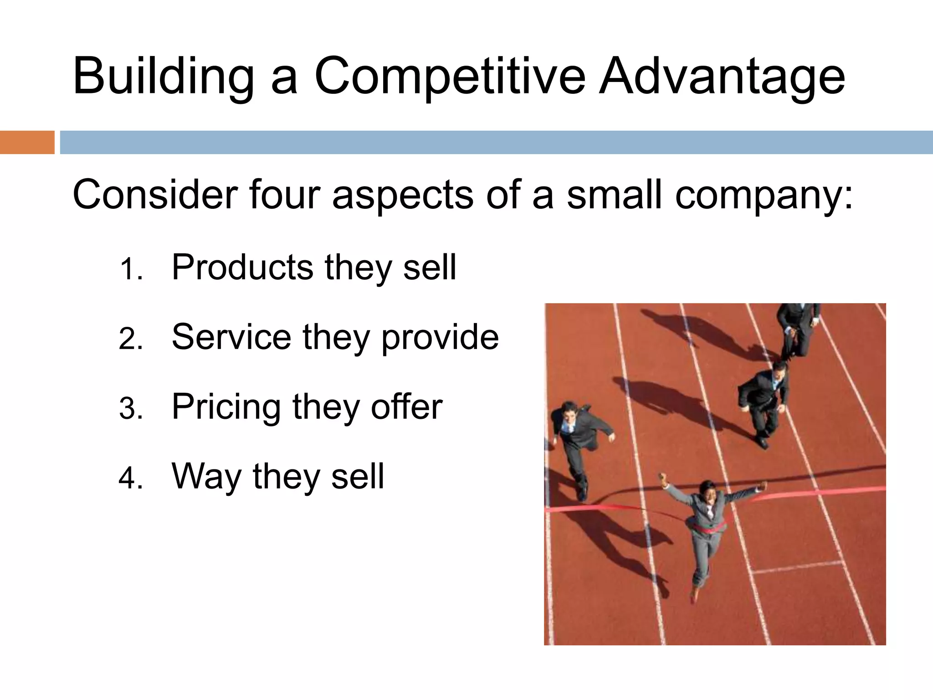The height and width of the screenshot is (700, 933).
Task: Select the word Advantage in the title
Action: coord(722,77)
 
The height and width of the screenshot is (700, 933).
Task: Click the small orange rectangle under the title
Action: coord(27,142)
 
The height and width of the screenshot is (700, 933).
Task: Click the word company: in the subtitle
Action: coord(764,195)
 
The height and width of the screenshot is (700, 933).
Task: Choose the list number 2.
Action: coord(131,339)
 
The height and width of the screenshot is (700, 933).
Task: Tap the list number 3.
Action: coord(131,408)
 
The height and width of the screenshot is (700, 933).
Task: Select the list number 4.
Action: coord(131,478)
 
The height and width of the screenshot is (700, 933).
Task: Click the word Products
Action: coord(242,267)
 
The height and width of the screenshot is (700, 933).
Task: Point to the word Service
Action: coord(231,337)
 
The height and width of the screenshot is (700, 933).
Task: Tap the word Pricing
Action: coord(226,407)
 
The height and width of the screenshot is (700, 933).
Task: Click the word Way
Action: coord(206,477)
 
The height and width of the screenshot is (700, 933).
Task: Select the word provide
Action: coord(440,337)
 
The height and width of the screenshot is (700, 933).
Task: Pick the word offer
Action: coord(406,407)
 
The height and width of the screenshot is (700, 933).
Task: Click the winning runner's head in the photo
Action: coord(708,490)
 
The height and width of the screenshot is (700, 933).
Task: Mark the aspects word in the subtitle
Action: coord(403,195)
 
